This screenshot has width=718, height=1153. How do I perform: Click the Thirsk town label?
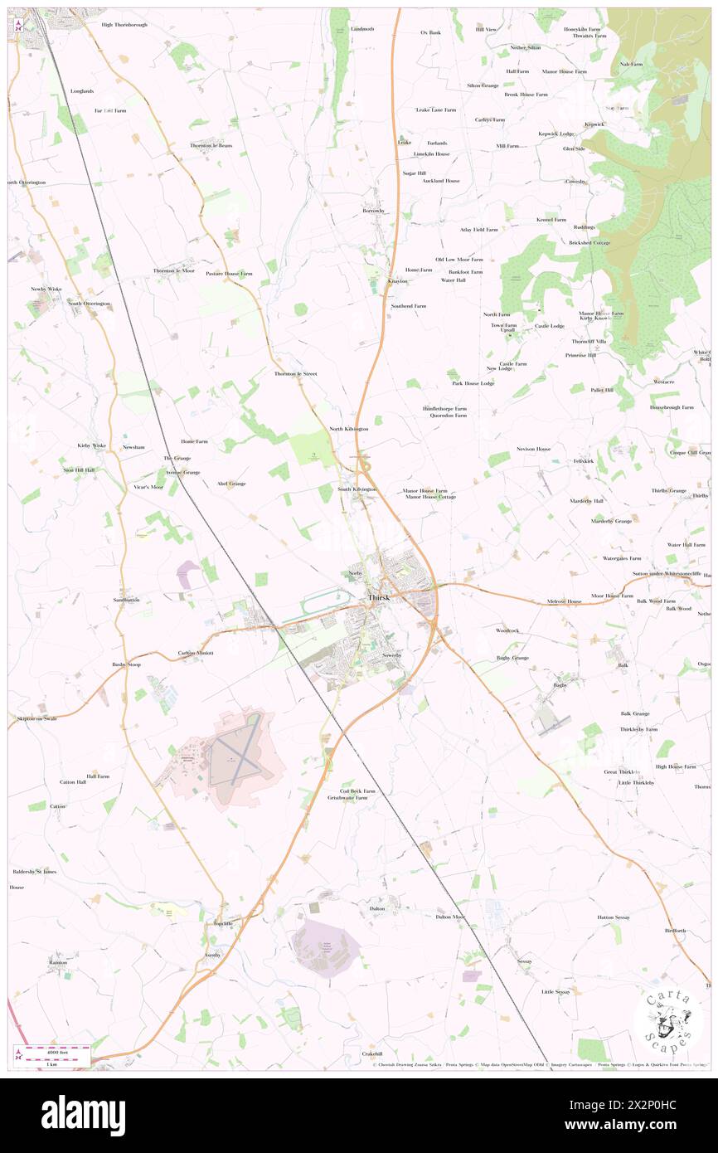click(x=379, y=598)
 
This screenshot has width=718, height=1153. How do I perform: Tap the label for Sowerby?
click(x=391, y=655)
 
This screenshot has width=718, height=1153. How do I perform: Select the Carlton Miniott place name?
click(x=196, y=653)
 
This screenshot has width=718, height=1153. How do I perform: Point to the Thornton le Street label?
click(x=296, y=374)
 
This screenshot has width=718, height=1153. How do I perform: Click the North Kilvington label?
click(x=348, y=429)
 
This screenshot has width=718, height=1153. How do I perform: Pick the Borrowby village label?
click(x=375, y=211)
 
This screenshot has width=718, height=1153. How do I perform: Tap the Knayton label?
click(x=375, y=281)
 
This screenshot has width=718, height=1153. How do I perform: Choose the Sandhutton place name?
click(x=127, y=599)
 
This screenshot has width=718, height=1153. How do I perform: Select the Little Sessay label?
click(x=555, y=992)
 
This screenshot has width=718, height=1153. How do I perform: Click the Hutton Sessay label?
click(x=614, y=917)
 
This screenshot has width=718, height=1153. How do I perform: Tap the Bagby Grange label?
click(x=512, y=658)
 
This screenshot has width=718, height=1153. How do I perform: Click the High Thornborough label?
click(x=124, y=25)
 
